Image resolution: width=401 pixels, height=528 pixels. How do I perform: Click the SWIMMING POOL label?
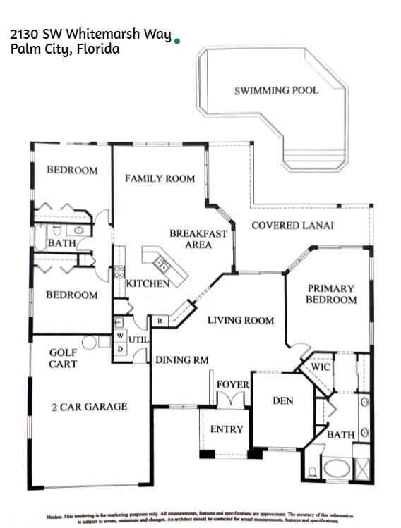coord(276,91)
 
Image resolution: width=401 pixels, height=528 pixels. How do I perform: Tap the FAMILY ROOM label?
coord(160,178)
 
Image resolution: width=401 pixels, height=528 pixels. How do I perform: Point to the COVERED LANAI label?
coord(292,226)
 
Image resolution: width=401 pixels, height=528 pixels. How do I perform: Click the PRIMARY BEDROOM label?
coord(331,294)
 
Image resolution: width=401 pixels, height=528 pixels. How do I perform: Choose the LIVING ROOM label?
coord(240,320)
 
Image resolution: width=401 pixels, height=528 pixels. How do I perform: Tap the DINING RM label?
coord(182,360)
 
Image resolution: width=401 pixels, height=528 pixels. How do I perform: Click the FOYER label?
coord(232,384)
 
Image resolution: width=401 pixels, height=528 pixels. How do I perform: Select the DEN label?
coord(282,400)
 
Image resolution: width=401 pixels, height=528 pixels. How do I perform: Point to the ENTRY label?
coord(227,429)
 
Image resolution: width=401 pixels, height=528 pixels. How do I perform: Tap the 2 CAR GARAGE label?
coord(89,406)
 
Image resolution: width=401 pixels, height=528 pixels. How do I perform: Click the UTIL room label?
coord(138,340)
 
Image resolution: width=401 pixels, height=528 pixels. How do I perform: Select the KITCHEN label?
coord(148,283)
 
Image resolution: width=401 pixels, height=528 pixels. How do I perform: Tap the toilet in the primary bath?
coord(311,472)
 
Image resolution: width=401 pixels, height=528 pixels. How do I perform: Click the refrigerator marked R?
coord(160,321)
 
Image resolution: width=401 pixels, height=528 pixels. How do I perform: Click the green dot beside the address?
coord(176,42)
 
